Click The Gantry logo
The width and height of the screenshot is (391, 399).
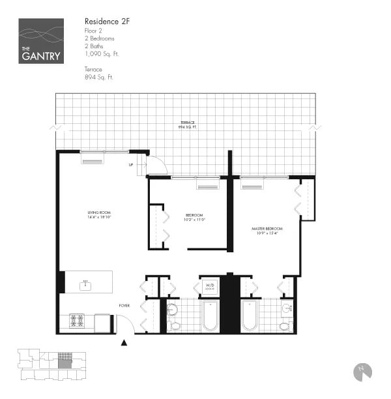41,40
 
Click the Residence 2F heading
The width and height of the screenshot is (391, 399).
107,22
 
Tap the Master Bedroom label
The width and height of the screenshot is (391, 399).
267,230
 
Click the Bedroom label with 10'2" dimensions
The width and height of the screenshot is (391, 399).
194,216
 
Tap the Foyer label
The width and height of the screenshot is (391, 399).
124,305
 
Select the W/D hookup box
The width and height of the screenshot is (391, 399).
210,286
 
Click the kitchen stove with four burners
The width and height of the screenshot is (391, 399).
78,320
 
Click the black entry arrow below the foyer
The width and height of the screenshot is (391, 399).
124,342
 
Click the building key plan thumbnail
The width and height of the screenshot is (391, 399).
52,366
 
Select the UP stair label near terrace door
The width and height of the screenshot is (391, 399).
131,165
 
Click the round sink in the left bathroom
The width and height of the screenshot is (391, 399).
173,310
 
